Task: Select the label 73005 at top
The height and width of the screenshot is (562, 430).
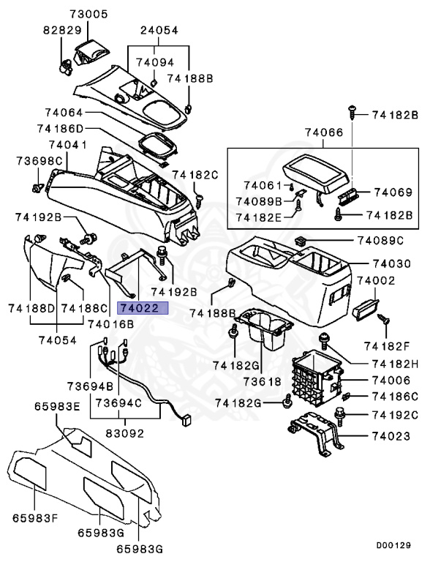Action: point(88,14)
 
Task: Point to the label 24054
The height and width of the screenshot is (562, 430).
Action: point(159,31)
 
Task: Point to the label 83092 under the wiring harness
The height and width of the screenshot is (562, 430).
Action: point(124,433)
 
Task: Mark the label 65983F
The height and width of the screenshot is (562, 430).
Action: point(34,519)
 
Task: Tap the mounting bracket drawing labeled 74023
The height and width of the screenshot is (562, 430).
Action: point(315,435)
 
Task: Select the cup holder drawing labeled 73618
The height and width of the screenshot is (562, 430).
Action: point(265,331)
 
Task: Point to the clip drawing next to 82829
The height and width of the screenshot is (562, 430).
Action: point(66,67)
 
